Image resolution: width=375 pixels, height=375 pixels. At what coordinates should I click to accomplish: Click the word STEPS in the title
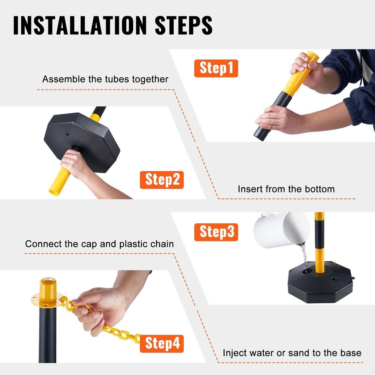coord(180,25)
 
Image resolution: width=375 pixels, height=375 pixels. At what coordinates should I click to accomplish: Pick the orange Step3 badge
coord(216,232)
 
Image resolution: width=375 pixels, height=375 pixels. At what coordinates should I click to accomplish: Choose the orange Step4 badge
coord(162,343)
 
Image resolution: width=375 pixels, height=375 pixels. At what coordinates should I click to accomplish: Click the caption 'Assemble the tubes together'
coord(105,79)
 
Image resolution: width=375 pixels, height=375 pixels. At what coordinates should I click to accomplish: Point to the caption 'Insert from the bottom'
coord(286,189)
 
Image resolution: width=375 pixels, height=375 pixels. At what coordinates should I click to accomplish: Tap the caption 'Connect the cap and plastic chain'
coord(99,244)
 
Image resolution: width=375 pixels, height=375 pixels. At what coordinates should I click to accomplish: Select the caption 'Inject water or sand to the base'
coord(292,353)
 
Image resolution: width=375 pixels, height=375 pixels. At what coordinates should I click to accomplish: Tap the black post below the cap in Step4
coord(47,334)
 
